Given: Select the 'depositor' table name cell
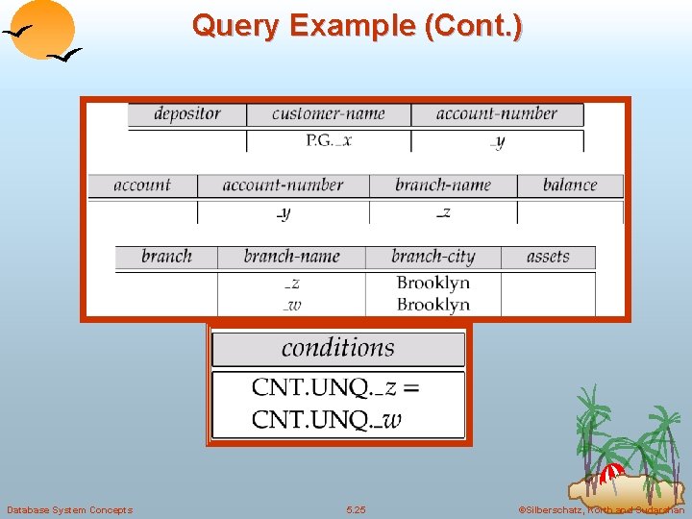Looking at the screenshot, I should [187, 113].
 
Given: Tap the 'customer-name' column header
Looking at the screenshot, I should [328, 113].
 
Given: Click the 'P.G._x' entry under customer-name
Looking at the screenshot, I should [329, 140].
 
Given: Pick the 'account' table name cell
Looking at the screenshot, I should [142, 185].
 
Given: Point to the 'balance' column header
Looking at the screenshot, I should [569, 185].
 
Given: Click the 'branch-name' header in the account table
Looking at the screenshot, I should [442, 185].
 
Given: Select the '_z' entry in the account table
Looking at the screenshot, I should [442, 212].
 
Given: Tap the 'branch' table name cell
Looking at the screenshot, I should [166, 257].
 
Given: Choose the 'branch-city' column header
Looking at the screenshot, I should [432, 257].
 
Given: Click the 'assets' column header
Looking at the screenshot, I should [548, 257].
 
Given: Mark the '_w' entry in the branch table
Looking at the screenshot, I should [292, 305].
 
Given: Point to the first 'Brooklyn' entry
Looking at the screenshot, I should [432, 283].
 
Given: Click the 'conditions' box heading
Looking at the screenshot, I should [338, 347].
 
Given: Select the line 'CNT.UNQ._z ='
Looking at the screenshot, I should [335, 387].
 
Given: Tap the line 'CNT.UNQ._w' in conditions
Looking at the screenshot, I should [327, 419].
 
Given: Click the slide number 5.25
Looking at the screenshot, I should [356, 509].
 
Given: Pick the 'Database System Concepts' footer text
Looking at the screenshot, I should [69, 509].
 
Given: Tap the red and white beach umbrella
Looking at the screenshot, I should [611, 473].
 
